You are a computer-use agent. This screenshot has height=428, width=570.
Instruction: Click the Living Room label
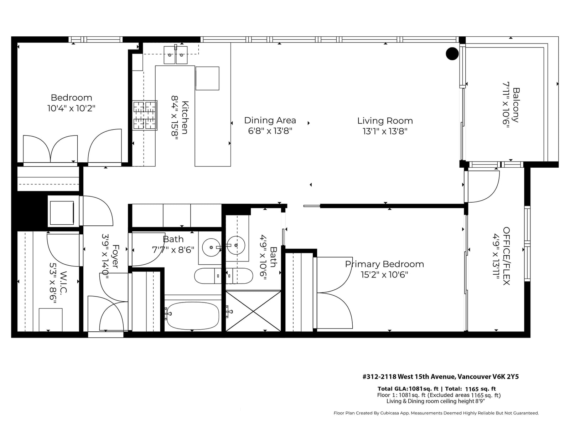(x=385, y=121)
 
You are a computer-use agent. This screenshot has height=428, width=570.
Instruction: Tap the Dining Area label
(x=270, y=120)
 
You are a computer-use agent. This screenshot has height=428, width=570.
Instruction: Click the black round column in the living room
(x=452, y=54)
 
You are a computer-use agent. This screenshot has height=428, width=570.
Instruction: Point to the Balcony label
(x=516, y=105)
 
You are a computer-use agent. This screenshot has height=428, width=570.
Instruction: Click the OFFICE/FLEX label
(x=506, y=256)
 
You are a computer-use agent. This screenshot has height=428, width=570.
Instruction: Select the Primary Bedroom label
(x=384, y=264)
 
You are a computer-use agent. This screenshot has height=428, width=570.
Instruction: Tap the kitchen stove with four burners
(x=145, y=115)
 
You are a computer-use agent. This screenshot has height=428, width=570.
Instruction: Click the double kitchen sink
(x=176, y=55)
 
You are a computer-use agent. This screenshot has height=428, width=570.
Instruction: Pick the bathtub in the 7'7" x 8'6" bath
(x=193, y=316)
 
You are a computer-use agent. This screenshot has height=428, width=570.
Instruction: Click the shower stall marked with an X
(x=253, y=311)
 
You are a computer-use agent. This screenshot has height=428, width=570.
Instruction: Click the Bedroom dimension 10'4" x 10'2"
(x=71, y=108)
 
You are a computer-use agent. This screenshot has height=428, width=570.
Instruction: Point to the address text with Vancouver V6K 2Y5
(x=440, y=377)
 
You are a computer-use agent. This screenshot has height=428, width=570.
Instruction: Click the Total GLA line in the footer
(x=436, y=389)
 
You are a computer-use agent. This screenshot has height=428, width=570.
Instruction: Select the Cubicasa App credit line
(x=436, y=413)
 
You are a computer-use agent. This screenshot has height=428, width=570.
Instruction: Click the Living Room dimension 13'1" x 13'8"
(x=385, y=131)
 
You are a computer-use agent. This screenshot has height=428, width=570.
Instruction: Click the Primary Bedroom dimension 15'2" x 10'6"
(x=384, y=275)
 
